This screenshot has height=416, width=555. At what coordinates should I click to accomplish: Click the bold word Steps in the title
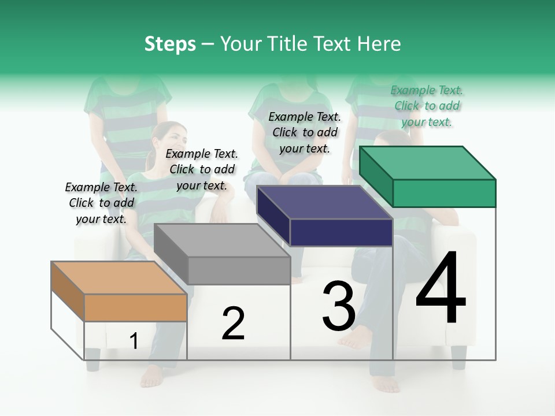tap(170, 44)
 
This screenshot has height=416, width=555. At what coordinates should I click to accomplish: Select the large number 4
tap(441, 289)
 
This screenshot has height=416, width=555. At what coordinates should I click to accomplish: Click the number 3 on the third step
tap(339, 306)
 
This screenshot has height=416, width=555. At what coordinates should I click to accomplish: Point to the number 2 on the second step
tap(233, 324)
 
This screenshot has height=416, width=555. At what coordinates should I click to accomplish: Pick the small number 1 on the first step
tap(134, 341)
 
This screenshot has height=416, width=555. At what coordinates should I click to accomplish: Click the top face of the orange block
tap(119, 278)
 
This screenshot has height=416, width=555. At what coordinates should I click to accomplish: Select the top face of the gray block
tap(222, 240)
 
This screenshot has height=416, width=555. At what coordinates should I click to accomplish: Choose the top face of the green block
tap(428, 162)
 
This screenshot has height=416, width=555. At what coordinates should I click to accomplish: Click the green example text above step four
tap(427, 106)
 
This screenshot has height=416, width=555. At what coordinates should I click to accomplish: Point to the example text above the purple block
tap(305, 132)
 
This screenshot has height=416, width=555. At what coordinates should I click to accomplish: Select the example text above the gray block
tap(202, 169)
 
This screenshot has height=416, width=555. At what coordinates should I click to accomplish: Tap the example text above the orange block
tap(101, 203)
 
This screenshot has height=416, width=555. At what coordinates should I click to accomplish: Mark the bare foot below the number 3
tap(356, 338)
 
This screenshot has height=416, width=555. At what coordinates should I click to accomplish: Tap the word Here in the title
tap(380, 44)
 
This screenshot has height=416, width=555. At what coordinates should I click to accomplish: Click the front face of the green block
tap(444, 193)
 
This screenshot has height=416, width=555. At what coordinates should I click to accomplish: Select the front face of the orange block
tap(135, 307)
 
